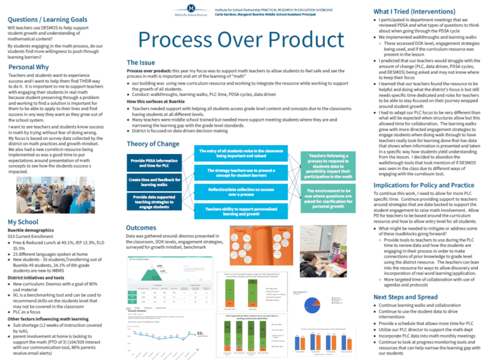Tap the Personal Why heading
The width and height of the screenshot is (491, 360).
[29, 67]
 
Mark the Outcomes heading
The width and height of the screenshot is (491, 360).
[141, 228]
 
